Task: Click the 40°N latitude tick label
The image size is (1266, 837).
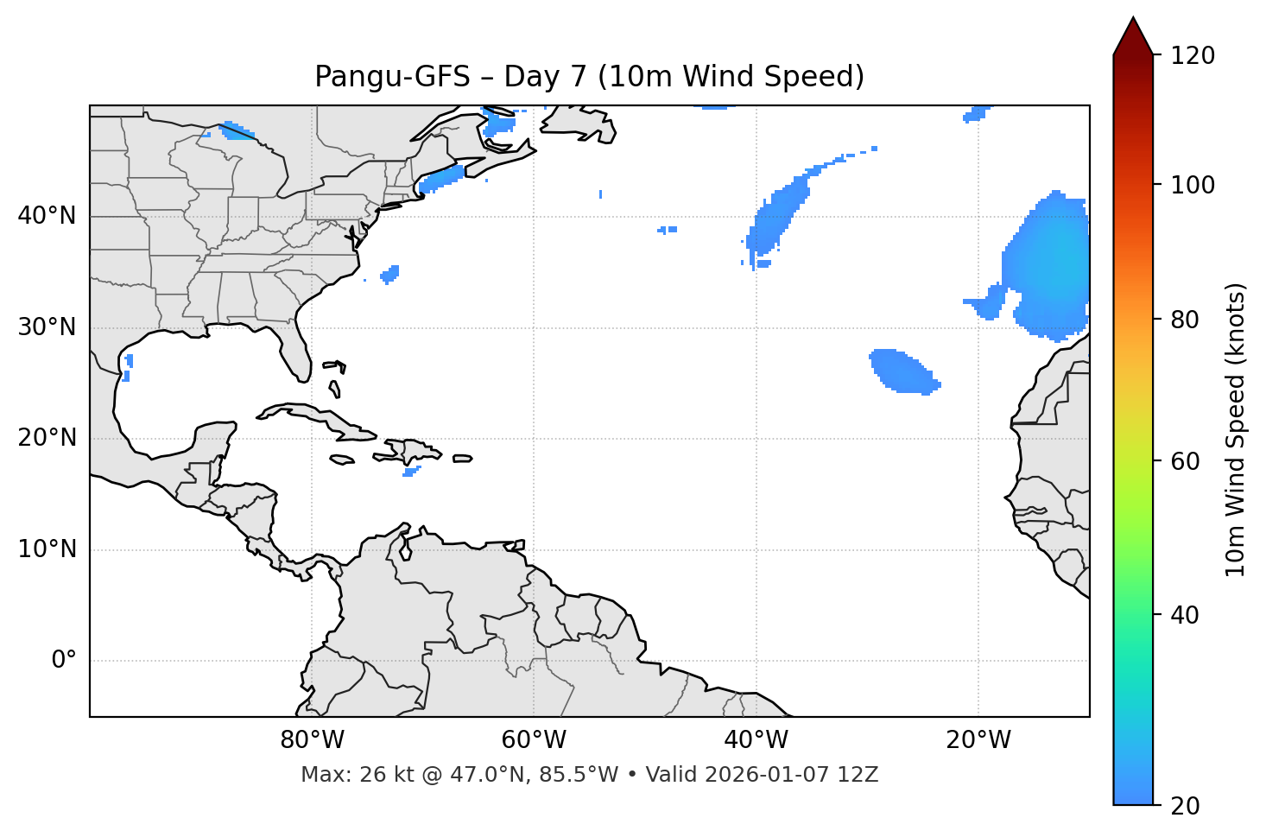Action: click(47, 216)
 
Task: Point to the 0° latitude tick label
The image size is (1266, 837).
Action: click(64, 661)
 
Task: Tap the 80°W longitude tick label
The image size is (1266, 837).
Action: click(312, 740)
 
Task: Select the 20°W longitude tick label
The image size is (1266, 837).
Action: click(978, 740)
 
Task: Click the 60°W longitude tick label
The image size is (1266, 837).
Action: click(533, 740)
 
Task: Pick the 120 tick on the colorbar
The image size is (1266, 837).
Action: click(1193, 56)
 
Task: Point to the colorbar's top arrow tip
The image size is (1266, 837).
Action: click(1133, 17)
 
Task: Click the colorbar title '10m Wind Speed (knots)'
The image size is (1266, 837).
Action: click(1236, 429)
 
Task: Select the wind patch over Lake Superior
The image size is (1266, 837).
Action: click(236, 131)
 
